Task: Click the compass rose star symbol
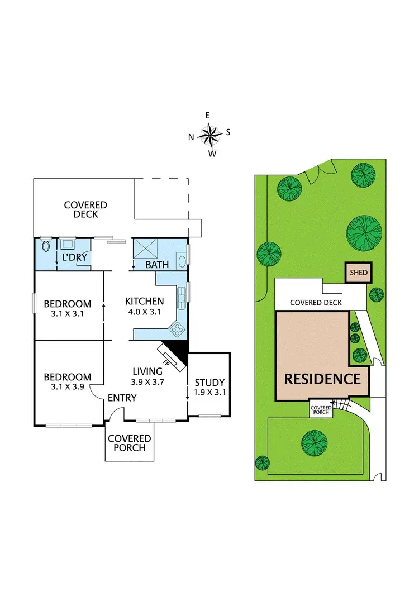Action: pyautogui.click(x=209, y=134)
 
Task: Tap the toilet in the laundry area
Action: pyautogui.click(x=45, y=246)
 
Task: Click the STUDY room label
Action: pyautogui.click(x=209, y=383)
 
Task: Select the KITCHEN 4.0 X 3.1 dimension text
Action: pyautogui.click(x=144, y=312)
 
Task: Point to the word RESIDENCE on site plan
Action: pyautogui.click(x=322, y=379)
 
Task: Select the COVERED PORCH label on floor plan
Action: pyautogui.click(x=130, y=443)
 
